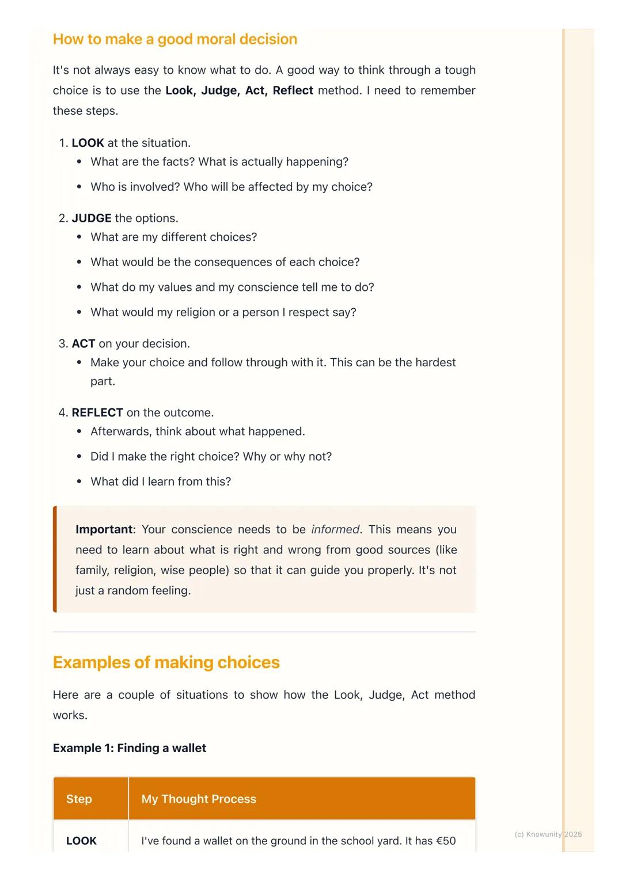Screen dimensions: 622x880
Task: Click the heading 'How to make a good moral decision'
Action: pyautogui.click(x=175, y=39)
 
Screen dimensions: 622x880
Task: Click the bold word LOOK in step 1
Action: pyautogui.click(x=88, y=143)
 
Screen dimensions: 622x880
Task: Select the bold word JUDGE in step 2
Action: pyautogui.click(x=92, y=218)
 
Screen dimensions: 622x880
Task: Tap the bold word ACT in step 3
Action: pyautogui.click(x=84, y=344)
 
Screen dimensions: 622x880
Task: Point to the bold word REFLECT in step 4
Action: pyautogui.click(x=97, y=413)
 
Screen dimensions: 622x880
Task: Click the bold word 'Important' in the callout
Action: pyautogui.click(x=104, y=529)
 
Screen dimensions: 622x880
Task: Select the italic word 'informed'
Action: pyautogui.click(x=335, y=529)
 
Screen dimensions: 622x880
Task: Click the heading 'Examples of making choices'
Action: pyautogui.click(x=166, y=662)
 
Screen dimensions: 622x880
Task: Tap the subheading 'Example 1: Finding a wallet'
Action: pyautogui.click(x=130, y=748)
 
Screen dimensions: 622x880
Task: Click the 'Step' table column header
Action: pyautogui.click(x=79, y=799)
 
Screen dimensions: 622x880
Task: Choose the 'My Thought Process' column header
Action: pyautogui.click(x=199, y=799)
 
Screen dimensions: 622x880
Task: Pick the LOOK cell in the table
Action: pyautogui.click(x=81, y=841)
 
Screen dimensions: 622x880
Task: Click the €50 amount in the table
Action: pyautogui.click(x=446, y=841)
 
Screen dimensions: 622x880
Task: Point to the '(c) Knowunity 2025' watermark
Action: pyautogui.click(x=548, y=834)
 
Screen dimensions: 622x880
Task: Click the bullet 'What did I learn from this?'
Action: pyautogui.click(x=161, y=481)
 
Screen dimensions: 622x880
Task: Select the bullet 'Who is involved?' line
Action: pyautogui.click(x=231, y=187)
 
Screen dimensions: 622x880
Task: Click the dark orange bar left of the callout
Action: pyautogui.click(x=55, y=559)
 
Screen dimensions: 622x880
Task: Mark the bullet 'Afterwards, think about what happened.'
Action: pyautogui.click(x=198, y=431)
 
